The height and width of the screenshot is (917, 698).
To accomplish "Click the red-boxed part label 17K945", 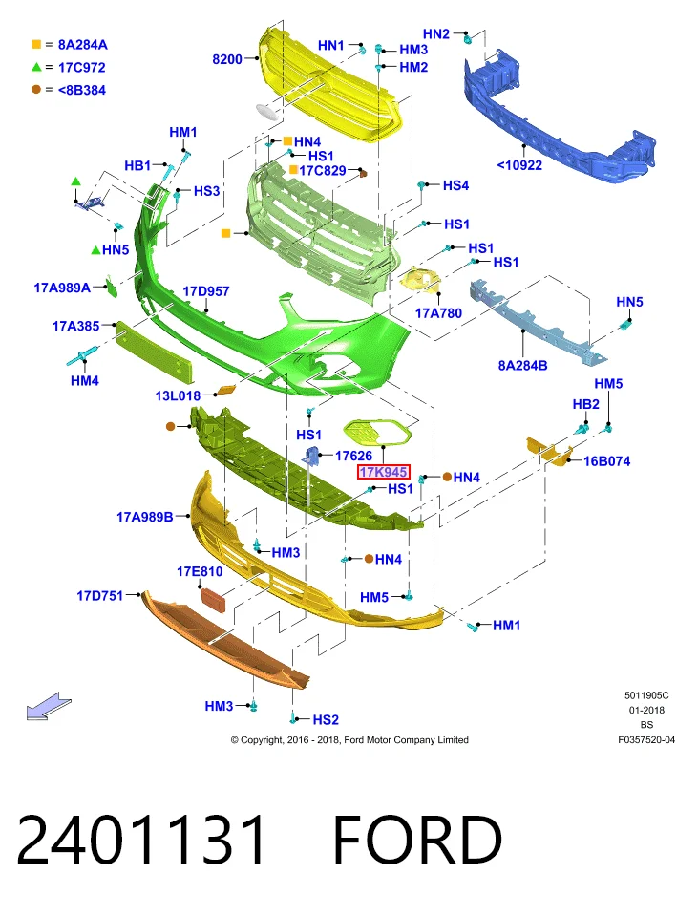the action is click(384, 472).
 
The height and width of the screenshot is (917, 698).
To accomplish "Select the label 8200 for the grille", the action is click(227, 59).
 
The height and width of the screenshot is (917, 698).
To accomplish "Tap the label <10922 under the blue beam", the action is click(519, 165).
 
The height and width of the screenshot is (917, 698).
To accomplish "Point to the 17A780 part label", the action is click(438, 313).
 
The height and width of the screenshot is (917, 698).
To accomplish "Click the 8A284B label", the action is click(522, 366).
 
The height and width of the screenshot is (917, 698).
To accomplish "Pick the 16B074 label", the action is click(606, 461).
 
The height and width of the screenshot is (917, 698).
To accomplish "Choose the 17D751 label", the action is click(100, 596).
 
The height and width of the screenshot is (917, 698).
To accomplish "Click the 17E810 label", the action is click(200, 571).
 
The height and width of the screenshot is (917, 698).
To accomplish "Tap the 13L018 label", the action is click(178, 395).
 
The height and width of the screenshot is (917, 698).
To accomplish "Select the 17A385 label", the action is click(76, 327).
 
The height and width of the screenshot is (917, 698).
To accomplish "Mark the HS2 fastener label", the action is click(326, 720).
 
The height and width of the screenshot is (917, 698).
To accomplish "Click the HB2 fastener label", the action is click(585, 405).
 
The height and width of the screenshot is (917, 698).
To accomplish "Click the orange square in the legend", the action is click(36, 45).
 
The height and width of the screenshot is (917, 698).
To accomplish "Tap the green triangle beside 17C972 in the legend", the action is click(36, 67).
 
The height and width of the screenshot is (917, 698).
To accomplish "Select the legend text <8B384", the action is click(82, 90).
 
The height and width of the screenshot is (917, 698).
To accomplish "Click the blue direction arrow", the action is click(49, 706).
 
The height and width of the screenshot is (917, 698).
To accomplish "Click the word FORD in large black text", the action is click(417, 840).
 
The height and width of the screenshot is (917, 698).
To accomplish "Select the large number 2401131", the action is click(141, 840).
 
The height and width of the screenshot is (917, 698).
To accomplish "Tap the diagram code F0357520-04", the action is click(646, 740).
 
